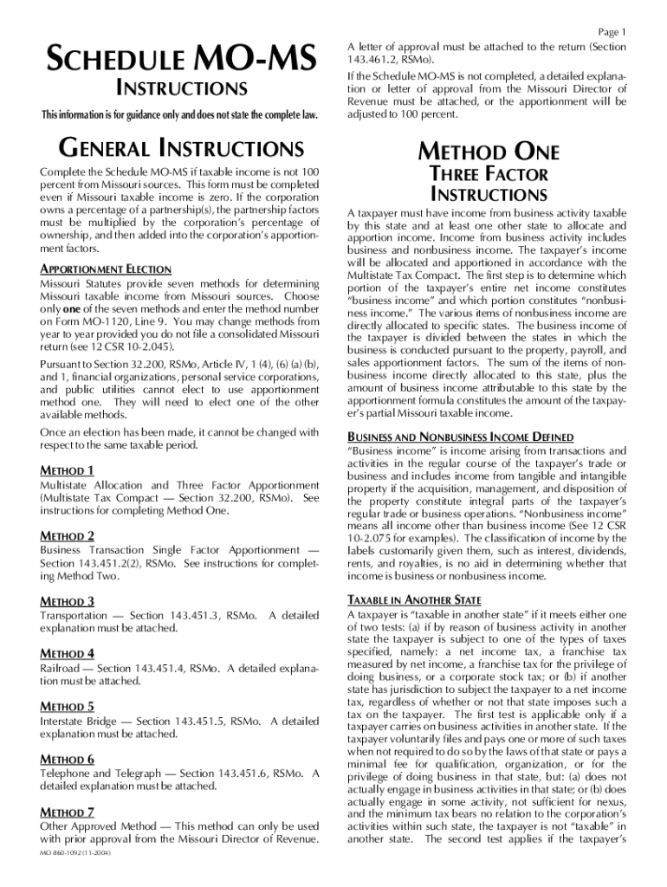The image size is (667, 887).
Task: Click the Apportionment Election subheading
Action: (106, 269)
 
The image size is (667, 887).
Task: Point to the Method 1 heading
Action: (68, 470)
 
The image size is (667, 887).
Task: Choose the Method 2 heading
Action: (68, 535)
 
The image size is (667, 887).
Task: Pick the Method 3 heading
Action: (68, 600)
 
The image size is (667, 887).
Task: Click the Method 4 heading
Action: (68, 653)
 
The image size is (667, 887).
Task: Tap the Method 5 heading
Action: (68, 706)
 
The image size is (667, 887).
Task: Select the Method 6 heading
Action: (68, 759)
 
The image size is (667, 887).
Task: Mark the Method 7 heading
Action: (68, 812)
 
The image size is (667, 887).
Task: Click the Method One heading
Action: (489, 152)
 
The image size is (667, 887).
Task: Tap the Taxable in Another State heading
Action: (414, 599)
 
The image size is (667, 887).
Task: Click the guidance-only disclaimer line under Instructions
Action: (178, 116)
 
